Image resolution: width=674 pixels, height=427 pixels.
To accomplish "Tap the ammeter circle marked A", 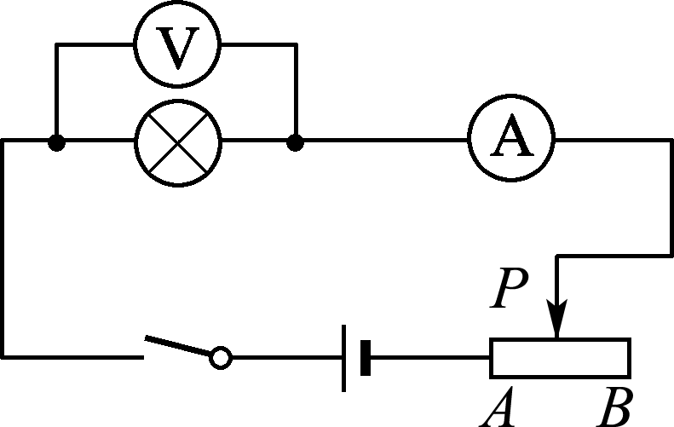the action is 511,96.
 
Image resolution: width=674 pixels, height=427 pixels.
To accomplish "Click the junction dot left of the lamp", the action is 56,143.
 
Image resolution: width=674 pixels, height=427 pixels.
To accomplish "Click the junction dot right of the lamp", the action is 296,143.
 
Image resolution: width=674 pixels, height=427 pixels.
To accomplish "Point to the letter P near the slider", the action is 509,288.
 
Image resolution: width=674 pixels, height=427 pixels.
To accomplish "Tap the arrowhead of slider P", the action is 556,318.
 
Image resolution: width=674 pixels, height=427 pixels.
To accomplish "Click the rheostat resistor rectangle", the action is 560,340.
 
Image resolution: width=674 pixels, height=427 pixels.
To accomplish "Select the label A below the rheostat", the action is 498,407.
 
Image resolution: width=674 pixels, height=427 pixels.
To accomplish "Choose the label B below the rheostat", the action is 615,407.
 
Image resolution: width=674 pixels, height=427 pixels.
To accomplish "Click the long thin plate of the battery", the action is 344,358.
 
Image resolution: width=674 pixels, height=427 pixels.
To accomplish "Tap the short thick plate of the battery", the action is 366,358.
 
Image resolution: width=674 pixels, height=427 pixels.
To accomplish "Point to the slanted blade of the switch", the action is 178,346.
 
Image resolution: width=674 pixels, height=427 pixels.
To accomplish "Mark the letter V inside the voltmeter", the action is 177,49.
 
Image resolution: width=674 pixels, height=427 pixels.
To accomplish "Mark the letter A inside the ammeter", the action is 511,135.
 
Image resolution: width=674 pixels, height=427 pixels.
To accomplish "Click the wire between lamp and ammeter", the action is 386,140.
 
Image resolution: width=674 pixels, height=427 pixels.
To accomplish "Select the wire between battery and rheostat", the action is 429,357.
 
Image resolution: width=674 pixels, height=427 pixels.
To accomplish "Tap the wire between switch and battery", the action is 287,357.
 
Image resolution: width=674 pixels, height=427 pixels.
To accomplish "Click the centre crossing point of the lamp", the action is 178,143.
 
